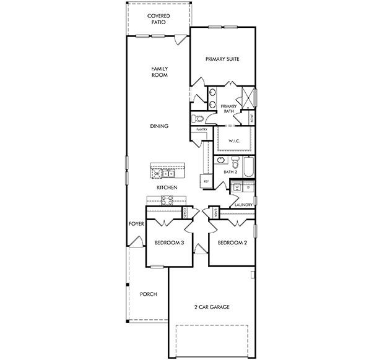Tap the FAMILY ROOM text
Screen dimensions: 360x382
160,72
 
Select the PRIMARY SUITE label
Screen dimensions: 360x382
222,59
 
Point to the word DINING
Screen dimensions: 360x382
159,126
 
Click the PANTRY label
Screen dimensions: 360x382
201,130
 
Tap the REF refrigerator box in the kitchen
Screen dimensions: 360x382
206,181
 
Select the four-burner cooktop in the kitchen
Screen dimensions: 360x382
168,199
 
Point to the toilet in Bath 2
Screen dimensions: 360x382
220,160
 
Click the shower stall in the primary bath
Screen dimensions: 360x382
247,96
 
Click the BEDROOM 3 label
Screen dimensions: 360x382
169,243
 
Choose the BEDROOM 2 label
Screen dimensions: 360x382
232,243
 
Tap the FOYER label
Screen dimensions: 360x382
136,223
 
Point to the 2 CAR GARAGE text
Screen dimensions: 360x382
212,307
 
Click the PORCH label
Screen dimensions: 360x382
148,294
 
